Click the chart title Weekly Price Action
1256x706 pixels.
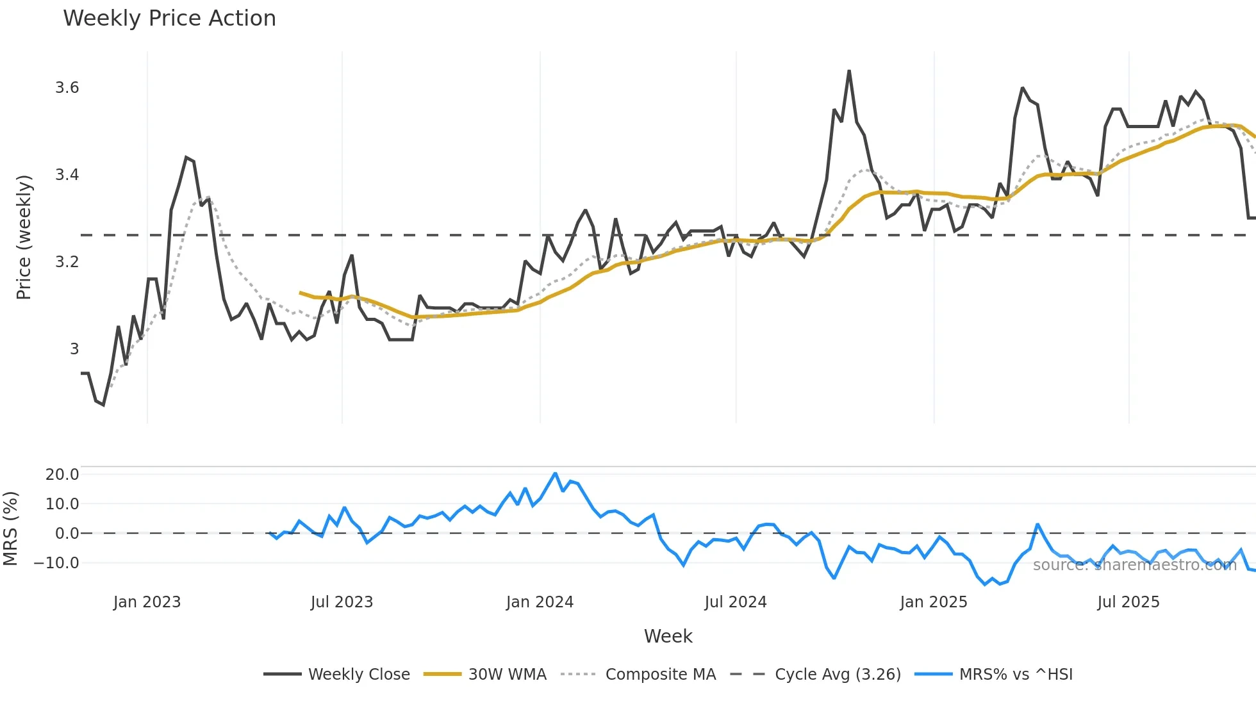coord(169,19)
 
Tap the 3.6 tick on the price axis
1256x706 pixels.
coord(67,88)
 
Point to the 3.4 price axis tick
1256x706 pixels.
coord(67,175)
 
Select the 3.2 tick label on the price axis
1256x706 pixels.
coord(67,262)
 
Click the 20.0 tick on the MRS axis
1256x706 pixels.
coord(62,475)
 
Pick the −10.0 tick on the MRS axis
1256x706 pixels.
coord(56,563)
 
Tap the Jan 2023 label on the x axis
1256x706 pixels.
coord(147,602)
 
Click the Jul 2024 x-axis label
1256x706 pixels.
coord(735,602)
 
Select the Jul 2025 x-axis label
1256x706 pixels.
coord(1128,602)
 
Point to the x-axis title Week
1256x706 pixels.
coord(668,636)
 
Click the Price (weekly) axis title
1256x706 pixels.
coord(24,237)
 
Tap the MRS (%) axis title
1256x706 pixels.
coord(10,529)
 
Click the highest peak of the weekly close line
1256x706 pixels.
coord(849,71)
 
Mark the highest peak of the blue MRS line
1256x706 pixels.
coord(555,473)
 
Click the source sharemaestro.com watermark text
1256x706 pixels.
coord(1134,565)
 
